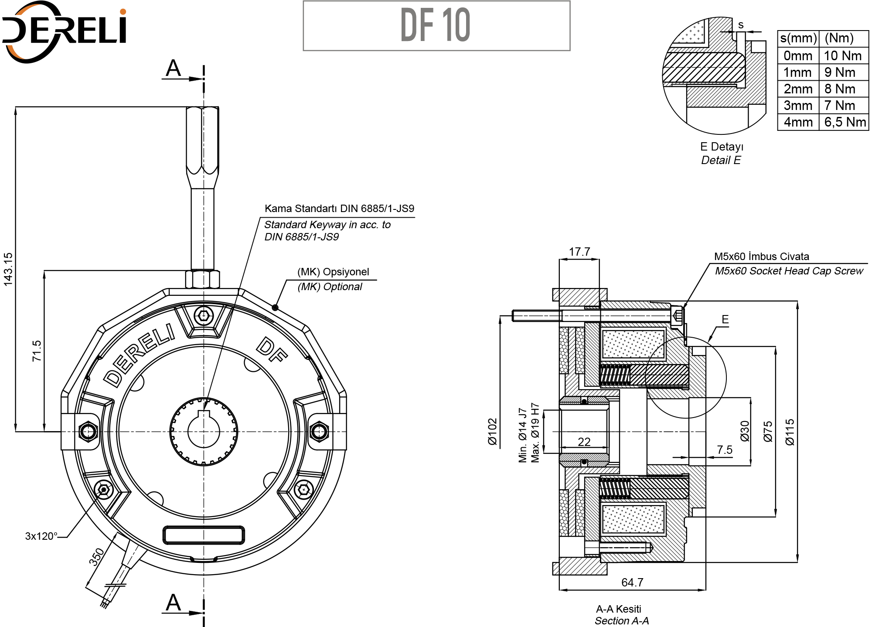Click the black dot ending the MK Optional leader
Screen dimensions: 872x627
pos(275,308)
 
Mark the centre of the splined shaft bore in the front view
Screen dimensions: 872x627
pos(204,432)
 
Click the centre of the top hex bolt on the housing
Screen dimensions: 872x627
pos(204,315)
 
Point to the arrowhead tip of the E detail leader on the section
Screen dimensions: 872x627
pos(708,341)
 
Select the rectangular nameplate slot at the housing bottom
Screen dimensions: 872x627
pos(204,535)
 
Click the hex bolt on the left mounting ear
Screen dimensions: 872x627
pos(88,432)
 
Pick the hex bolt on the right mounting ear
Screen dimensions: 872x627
pos(319,432)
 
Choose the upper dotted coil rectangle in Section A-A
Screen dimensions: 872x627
pos(633,344)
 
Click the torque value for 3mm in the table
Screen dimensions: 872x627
pos(839,106)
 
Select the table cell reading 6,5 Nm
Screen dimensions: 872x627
pos(845,122)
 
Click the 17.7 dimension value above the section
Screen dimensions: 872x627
pos(579,252)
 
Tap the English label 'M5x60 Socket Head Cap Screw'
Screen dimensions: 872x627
pos(789,271)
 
